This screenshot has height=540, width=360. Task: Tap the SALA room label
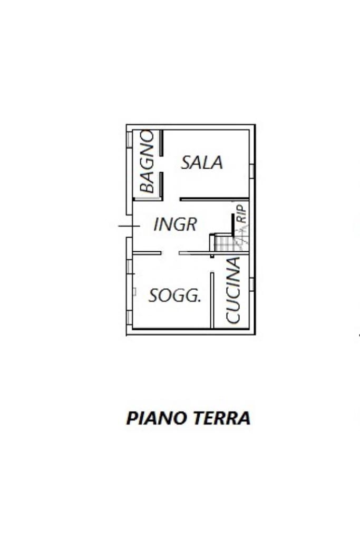(x=202, y=162)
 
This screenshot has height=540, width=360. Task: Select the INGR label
(x=175, y=225)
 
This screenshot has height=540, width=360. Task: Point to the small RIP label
(x=241, y=213)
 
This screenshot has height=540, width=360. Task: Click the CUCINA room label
(x=233, y=290)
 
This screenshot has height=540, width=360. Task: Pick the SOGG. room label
(x=175, y=296)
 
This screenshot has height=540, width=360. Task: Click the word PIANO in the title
(x=157, y=418)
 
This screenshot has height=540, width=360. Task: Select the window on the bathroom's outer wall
(x=129, y=139)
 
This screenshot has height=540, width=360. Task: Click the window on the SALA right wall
(x=252, y=171)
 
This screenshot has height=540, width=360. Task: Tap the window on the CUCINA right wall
(x=252, y=284)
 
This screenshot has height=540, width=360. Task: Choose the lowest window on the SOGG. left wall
(x=129, y=317)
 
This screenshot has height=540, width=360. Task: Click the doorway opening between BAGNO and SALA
(x=161, y=164)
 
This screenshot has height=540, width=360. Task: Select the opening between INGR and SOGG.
(x=170, y=253)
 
